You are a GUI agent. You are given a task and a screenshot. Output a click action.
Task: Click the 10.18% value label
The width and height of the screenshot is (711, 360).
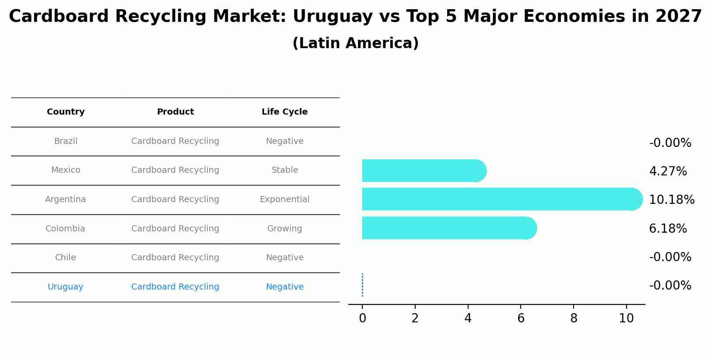(x=671, y=200)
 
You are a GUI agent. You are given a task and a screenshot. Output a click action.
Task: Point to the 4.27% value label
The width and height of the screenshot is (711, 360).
(x=668, y=171)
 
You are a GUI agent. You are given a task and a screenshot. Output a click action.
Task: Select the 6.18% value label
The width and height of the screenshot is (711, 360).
(x=668, y=229)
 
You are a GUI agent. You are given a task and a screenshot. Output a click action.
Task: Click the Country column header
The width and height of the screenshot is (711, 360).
(x=66, y=112)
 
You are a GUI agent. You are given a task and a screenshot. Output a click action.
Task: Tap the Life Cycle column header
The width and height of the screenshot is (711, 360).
(x=284, y=112)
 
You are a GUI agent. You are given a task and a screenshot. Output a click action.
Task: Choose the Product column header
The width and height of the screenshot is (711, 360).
(x=175, y=112)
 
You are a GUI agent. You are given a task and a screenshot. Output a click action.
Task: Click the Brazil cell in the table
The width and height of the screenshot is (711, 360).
(x=66, y=141)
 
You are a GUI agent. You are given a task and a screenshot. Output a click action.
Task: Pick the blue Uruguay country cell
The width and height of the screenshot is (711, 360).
(x=65, y=287)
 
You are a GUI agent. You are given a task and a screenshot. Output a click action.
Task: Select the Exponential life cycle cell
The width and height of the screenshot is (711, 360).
(x=284, y=199)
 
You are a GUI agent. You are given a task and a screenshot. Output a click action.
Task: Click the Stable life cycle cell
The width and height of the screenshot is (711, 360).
(x=284, y=170)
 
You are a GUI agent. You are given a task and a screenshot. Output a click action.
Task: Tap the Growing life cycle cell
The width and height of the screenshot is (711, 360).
(x=284, y=229)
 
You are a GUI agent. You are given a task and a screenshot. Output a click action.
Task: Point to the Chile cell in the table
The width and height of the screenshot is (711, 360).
(x=65, y=258)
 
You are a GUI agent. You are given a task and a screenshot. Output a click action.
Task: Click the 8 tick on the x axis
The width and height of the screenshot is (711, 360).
(x=573, y=318)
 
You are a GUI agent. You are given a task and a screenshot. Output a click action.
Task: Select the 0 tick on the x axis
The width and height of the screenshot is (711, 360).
(x=362, y=318)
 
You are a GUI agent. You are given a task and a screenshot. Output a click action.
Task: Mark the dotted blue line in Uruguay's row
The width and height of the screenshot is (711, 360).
(x=362, y=285)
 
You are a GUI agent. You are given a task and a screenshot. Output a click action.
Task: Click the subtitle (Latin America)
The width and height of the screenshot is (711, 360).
(x=355, y=43)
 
